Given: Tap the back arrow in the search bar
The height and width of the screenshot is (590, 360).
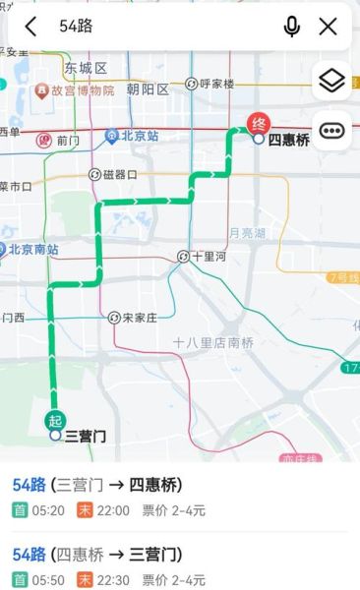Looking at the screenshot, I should click(x=30, y=27).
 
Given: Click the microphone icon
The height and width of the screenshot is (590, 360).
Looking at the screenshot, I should click(x=291, y=27).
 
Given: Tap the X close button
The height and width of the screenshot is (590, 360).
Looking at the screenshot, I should click(x=329, y=27).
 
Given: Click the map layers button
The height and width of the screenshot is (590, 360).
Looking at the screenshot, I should click(x=332, y=81).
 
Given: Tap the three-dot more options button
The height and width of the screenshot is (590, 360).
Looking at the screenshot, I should click(x=332, y=130).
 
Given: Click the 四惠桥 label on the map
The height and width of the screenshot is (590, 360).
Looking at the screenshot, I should click(x=288, y=140).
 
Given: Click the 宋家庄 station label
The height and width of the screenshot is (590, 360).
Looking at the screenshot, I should click(x=140, y=318).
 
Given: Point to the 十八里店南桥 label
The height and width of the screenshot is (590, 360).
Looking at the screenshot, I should click(x=212, y=342).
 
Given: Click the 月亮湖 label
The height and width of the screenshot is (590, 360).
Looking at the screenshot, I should click(x=246, y=233).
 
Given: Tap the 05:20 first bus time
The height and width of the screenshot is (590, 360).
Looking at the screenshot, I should click(x=49, y=510).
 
